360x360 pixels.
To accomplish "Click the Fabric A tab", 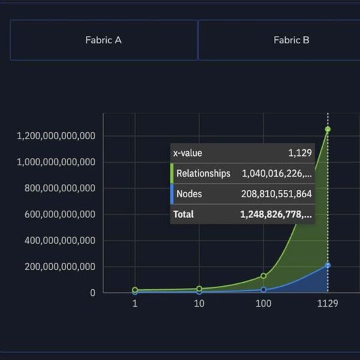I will click(103, 40).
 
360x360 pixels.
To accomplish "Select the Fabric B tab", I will click(291, 40).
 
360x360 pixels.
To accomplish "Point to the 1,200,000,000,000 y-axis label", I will click(55, 136).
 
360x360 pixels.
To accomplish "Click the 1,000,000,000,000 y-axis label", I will click(55, 162).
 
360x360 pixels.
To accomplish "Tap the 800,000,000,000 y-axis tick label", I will click(60, 188).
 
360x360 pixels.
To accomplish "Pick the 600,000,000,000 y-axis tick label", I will click(60, 215).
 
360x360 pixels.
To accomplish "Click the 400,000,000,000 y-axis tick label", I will click(60, 241).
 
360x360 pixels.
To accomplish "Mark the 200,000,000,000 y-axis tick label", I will click(60, 267).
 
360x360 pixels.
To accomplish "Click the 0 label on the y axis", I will click(92, 293).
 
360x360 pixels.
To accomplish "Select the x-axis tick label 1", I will click(135, 303).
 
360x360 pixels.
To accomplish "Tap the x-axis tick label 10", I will click(199, 303).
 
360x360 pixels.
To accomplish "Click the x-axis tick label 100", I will click(263, 303).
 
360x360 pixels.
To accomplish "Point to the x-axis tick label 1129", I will click(327, 303).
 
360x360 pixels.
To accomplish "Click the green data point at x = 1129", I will click(327, 129).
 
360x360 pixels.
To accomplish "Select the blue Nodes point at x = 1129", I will click(327, 265).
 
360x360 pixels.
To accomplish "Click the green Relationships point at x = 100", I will click(263, 275).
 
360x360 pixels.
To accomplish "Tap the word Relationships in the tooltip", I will click(203, 173).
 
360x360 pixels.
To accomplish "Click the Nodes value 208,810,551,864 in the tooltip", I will click(276, 194).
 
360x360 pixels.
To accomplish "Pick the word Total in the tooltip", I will click(183, 214).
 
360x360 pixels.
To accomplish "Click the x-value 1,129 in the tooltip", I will click(300, 153).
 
